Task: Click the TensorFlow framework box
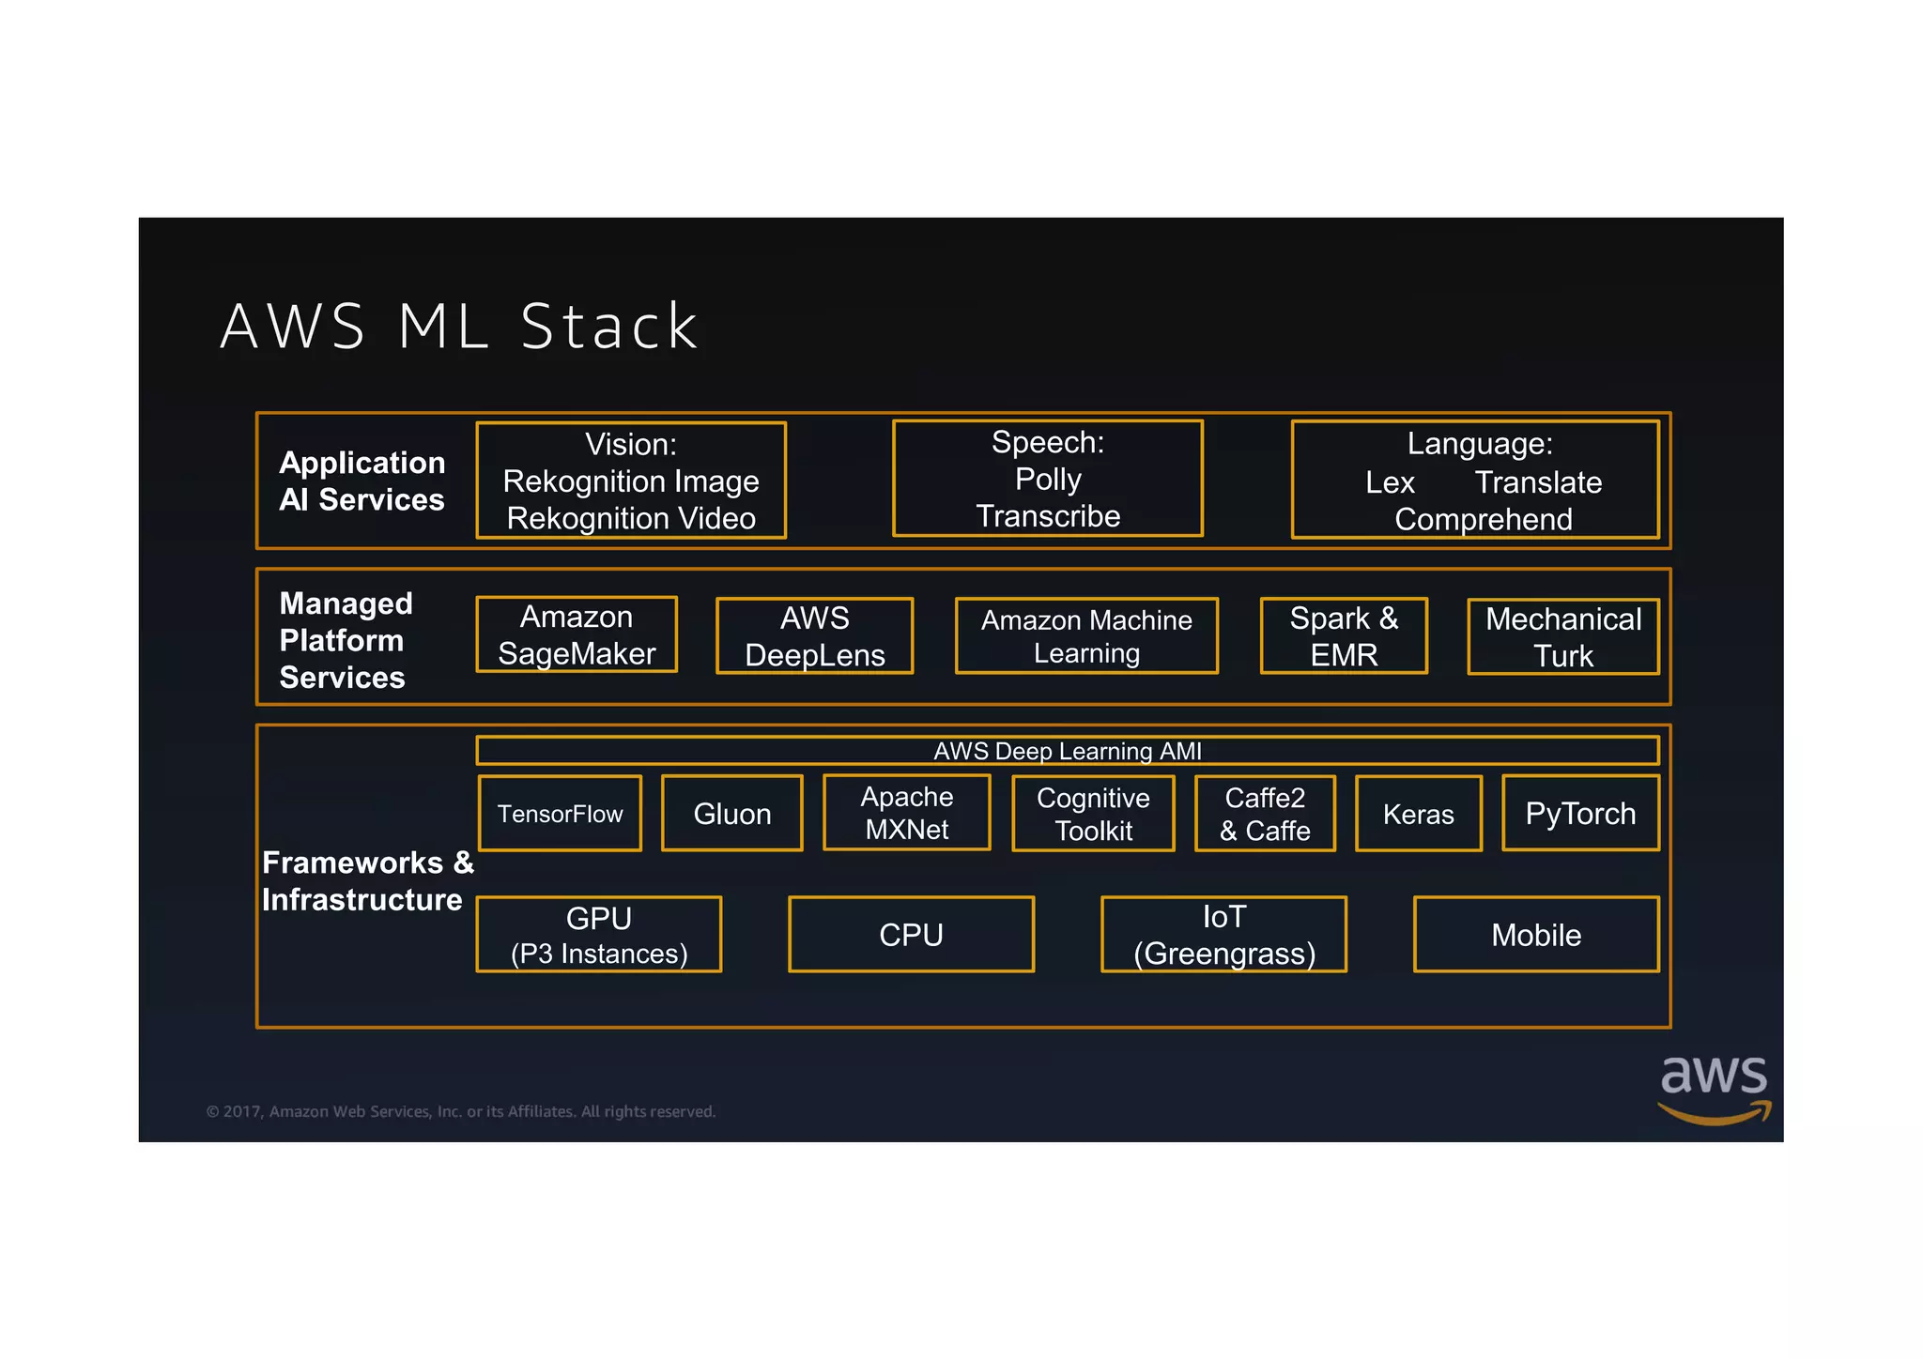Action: pos(560,814)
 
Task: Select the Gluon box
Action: pos(731,814)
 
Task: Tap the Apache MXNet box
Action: pos(906,813)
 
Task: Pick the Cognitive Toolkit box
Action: pos(1093,814)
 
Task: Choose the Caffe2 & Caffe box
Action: pos(1265,814)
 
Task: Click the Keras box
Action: pos(1418,814)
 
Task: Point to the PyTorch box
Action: pos(1580,813)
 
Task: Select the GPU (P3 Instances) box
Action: pos(599,935)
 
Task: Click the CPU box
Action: pos(911,935)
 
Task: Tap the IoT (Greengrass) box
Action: pos(1223,935)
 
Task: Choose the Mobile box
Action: pos(1536,935)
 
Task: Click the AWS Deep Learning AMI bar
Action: pos(1067,751)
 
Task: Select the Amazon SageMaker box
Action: pos(577,635)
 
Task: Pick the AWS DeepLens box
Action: pos(814,636)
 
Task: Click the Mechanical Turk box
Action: pos(1563,637)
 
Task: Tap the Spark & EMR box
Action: pos(1344,636)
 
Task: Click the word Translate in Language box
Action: pos(1538,482)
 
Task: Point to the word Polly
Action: pos(1048,480)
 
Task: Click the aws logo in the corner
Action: pos(1714,1088)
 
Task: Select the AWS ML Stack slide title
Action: pos(459,327)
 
